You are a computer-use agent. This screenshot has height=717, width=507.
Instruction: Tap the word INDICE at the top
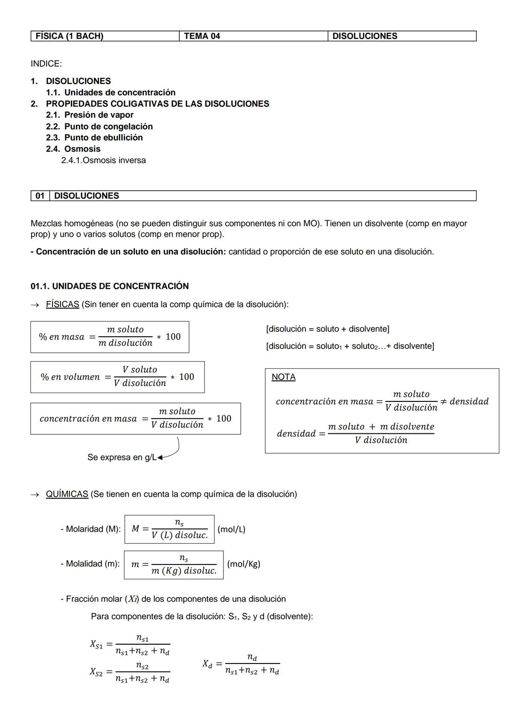tap(46, 63)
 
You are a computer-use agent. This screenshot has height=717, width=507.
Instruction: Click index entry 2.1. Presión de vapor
tap(90, 115)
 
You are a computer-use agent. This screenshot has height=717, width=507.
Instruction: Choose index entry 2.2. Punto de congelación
tap(99, 126)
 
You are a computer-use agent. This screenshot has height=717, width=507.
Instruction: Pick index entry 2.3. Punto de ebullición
tap(94, 138)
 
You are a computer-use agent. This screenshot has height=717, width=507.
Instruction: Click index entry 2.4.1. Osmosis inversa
tap(103, 160)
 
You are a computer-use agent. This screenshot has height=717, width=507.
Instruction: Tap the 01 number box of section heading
tap(40, 196)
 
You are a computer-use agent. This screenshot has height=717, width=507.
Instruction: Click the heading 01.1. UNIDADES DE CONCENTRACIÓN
tap(109, 286)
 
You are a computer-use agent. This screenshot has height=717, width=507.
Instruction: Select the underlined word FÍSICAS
tap(62, 304)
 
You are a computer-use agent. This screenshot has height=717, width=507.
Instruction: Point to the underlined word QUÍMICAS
tap(67, 494)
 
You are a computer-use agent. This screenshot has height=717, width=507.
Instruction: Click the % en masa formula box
tap(110, 337)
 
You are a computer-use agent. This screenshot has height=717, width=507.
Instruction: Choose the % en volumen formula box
tap(117, 377)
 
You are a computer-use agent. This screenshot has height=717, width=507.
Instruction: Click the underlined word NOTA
tap(284, 377)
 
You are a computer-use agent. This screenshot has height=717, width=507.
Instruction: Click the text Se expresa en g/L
tap(122, 457)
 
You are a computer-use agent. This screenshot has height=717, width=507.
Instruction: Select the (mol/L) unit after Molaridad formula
tap(231, 529)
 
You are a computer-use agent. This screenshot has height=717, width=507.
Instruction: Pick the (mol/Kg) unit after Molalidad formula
tap(244, 564)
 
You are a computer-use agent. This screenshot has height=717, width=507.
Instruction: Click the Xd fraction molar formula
tap(241, 664)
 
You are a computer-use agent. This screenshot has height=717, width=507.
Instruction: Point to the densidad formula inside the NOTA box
tap(355, 433)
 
